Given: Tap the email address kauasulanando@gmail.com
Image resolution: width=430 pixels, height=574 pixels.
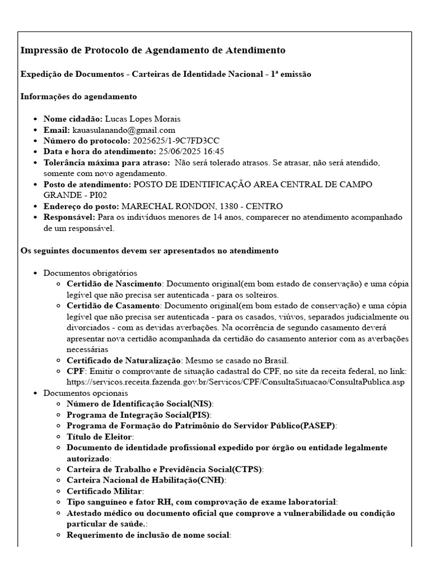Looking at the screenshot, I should (124, 130).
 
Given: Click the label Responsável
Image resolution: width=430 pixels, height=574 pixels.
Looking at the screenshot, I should (69, 217).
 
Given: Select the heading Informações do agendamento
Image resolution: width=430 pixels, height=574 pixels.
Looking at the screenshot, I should (78, 96).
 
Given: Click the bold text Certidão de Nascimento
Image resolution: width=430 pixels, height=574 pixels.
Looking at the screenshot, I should (114, 284).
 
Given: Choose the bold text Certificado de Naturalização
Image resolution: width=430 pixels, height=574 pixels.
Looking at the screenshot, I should (124, 360).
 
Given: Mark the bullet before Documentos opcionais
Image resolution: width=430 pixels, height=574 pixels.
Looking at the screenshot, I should (36, 394).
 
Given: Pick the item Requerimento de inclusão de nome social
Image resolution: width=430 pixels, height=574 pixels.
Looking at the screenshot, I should (148, 535).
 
